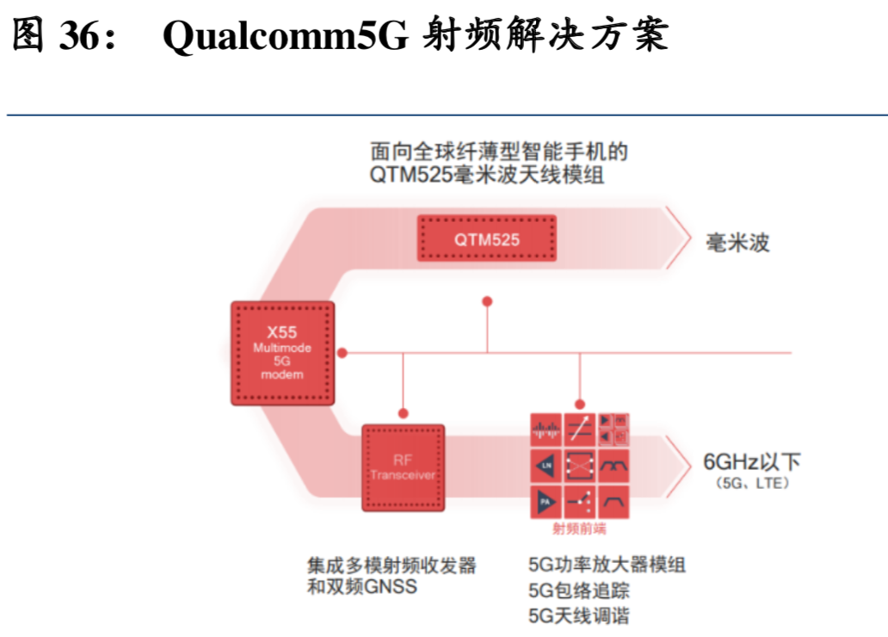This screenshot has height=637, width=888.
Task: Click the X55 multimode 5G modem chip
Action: (282, 353)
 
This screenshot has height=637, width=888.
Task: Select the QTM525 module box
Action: (487, 238)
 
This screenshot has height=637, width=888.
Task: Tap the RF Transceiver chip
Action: (403, 467)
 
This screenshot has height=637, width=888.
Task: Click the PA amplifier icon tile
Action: (546, 501)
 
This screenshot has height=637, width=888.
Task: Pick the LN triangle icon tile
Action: (546, 466)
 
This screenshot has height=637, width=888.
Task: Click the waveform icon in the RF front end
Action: (546, 428)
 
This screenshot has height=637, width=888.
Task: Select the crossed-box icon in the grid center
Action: (581, 466)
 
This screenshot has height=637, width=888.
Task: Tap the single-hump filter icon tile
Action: (616, 501)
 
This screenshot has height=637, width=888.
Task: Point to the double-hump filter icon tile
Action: (616, 466)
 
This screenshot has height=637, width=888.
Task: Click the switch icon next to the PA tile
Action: (581, 501)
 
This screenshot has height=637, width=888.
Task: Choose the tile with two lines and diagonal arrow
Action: (581, 428)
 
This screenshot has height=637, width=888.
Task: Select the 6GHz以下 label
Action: (751, 462)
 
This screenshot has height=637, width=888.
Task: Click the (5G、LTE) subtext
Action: (751, 485)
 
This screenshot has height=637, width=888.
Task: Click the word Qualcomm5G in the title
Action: (285, 36)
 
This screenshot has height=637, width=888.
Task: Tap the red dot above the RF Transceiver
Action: (403, 411)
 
